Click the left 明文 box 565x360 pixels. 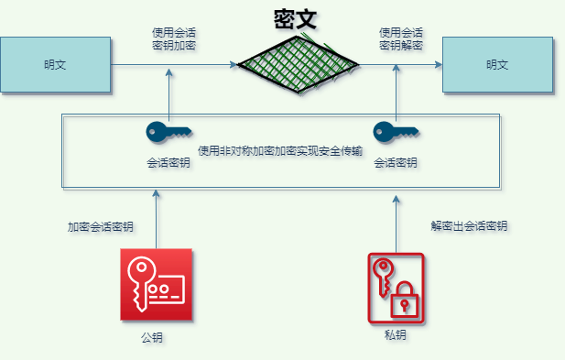tap(55, 64)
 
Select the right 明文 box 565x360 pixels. tap(497, 64)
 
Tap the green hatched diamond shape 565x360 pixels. tap(299, 64)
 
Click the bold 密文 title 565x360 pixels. tap(295, 19)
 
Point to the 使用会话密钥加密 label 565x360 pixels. tap(173, 38)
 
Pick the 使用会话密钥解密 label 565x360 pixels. tap(400, 38)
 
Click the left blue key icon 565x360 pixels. tap(168, 133)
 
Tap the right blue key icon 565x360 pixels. tap(396, 133)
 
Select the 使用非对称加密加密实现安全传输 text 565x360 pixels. tap(280, 149)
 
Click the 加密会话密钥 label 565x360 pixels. tap(100, 226)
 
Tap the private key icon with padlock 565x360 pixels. tap(396, 287)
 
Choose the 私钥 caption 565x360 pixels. tap(396, 336)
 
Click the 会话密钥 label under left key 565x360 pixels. tap(168, 163)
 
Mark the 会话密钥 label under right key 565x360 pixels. tap(396, 163)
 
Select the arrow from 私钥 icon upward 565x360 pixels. tap(396, 220)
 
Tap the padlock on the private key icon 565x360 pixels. tap(403, 302)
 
